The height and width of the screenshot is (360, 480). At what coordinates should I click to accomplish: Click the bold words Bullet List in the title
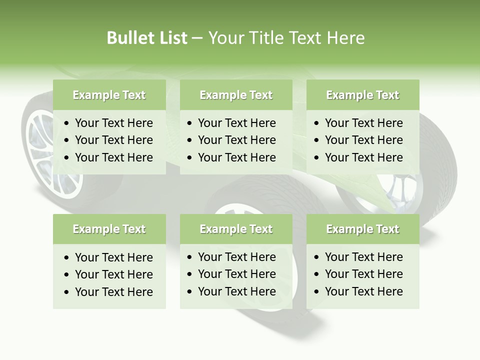click(146, 38)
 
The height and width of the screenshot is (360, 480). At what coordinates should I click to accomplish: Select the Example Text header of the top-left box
click(109, 95)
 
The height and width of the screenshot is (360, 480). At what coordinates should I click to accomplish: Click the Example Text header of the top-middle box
click(236, 95)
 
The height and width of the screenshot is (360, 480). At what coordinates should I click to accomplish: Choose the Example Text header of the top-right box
click(362, 95)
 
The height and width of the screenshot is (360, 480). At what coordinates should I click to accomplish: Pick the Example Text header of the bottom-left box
click(109, 229)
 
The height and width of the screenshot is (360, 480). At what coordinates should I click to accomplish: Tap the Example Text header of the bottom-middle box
click(236, 229)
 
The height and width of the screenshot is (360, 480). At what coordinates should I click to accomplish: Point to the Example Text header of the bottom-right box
click(362, 229)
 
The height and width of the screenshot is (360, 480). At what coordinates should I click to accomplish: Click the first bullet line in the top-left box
click(113, 123)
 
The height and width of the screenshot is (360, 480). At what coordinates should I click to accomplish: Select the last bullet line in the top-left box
click(113, 157)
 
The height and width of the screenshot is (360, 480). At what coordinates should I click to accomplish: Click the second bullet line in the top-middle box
click(236, 140)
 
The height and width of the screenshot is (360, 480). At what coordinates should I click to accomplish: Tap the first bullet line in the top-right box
click(363, 123)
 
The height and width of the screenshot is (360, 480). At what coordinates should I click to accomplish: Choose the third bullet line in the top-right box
click(363, 157)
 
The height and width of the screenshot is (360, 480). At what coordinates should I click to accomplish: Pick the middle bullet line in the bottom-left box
click(113, 274)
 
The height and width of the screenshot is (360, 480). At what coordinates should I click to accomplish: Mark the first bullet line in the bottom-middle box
click(236, 257)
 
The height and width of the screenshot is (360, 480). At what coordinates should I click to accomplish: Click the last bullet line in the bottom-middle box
click(236, 291)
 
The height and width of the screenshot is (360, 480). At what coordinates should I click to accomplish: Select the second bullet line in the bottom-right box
click(363, 274)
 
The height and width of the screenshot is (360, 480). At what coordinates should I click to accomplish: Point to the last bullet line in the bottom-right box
click(363, 291)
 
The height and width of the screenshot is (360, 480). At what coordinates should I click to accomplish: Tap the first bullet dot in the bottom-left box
click(67, 258)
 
